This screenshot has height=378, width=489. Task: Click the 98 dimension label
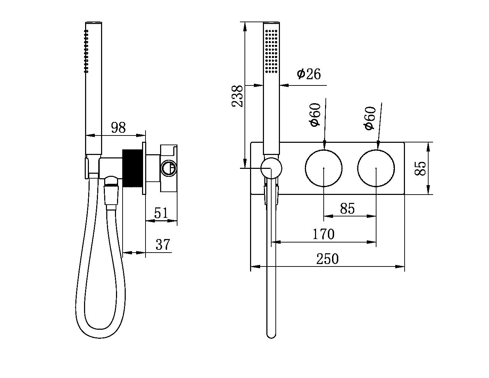[118, 128]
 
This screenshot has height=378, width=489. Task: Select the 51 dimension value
[161, 213]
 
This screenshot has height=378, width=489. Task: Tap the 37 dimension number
[163, 245]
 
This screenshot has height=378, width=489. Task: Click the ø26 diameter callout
[309, 74]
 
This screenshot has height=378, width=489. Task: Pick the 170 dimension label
[323, 234]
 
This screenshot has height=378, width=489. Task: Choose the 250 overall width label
[327, 259]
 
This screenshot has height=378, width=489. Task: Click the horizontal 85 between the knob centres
[347, 208]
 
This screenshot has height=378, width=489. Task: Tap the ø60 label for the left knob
[315, 115]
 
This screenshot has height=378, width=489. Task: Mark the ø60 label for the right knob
[370, 118]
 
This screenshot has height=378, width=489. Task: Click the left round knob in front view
[324, 168]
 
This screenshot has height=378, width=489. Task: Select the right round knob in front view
[376, 168]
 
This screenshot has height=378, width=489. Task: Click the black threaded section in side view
[132, 169]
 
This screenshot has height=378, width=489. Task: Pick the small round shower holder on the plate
[271, 168]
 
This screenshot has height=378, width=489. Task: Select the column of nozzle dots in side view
[87, 51]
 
